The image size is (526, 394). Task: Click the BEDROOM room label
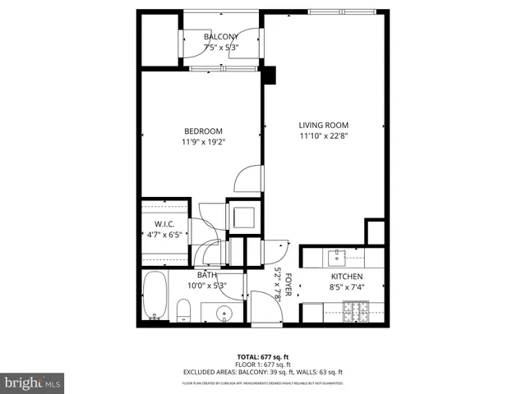point(203,131)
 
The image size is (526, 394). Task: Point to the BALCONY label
point(221,37)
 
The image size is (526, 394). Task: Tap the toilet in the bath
point(186,310)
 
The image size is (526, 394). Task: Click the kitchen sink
point(337,258)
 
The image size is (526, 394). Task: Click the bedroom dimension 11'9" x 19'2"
point(203,142)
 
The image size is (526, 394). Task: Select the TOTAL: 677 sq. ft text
point(262,356)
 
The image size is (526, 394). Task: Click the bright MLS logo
point(33,383)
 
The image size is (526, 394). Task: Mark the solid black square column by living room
point(269,76)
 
